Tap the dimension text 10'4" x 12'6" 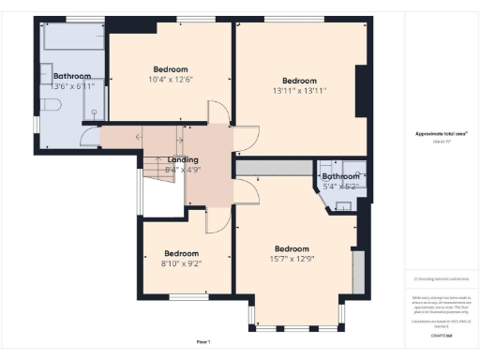[171, 80]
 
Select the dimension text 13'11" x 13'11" [300, 91]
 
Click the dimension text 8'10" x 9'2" [182, 263]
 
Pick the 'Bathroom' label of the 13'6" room [72, 76]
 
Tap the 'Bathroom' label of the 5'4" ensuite [340, 175]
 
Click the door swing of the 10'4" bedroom [217, 112]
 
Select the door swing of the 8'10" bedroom [215, 220]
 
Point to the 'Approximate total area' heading [441, 134]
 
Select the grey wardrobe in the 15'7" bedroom [357, 271]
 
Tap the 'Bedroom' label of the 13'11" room [300, 80]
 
